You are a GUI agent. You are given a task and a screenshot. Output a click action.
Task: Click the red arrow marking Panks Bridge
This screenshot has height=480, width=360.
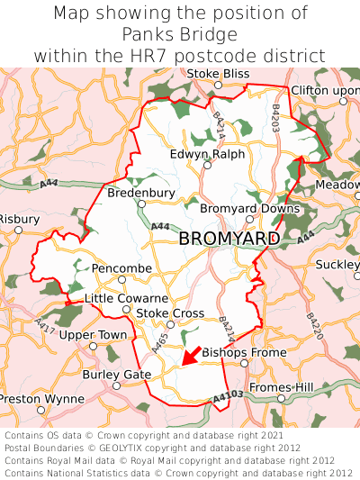tap(189, 356)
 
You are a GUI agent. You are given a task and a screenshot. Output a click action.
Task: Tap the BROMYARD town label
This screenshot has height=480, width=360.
tap(229, 239)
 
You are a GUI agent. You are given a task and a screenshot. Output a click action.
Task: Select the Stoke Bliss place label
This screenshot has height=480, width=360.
tap(217, 72)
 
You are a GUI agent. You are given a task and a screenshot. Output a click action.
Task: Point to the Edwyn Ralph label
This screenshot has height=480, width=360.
tap(207, 154)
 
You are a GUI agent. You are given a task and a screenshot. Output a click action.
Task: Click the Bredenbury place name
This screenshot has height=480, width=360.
tap(141, 193)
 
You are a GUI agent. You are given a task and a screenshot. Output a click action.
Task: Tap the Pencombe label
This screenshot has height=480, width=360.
tap(121, 268)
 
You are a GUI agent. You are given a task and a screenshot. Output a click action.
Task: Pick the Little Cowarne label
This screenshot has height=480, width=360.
tap(126, 298)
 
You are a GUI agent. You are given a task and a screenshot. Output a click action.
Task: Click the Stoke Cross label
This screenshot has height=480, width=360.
tap(170, 312)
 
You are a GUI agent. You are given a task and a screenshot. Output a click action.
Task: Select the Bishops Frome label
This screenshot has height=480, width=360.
tap(232, 352)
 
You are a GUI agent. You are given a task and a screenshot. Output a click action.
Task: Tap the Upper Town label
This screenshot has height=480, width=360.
tap(94, 335)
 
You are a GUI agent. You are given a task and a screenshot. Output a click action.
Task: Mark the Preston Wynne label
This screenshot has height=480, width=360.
tap(41, 397)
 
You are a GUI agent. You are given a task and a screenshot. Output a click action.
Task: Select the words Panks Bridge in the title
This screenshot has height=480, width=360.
tap(179, 34)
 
